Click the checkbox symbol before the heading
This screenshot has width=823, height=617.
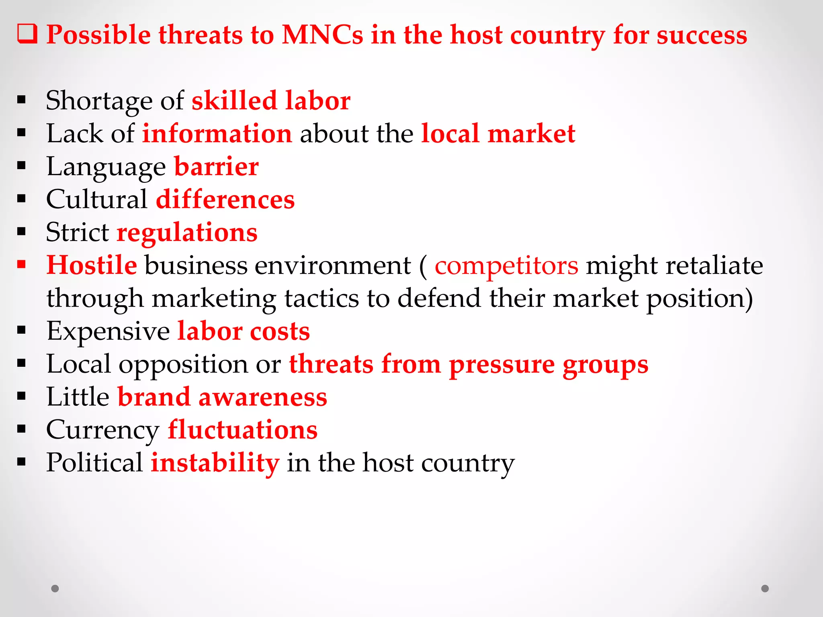pos(27,34)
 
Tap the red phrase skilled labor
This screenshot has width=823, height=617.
pos(271,100)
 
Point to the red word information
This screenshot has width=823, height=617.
pos(217,133)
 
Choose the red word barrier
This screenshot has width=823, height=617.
pos(216,166)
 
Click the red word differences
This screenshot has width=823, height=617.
pos(225,199)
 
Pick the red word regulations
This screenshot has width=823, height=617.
pos(187,233)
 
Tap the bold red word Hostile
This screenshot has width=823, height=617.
pos(92,266)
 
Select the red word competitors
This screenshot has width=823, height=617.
pos(506,266)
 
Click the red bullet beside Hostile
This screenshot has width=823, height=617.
pos(22,264)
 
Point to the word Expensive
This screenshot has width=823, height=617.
pos(108,332)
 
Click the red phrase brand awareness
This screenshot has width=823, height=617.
pos(222,397)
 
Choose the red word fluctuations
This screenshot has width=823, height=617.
pos(242,430)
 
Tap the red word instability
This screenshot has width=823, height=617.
pos(215,463)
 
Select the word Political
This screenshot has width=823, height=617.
pos(94,463)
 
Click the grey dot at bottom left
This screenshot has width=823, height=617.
pos(55,588)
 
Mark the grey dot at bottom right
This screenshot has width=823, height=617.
pos(765,588)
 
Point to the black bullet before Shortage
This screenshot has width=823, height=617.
pos(22,100)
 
